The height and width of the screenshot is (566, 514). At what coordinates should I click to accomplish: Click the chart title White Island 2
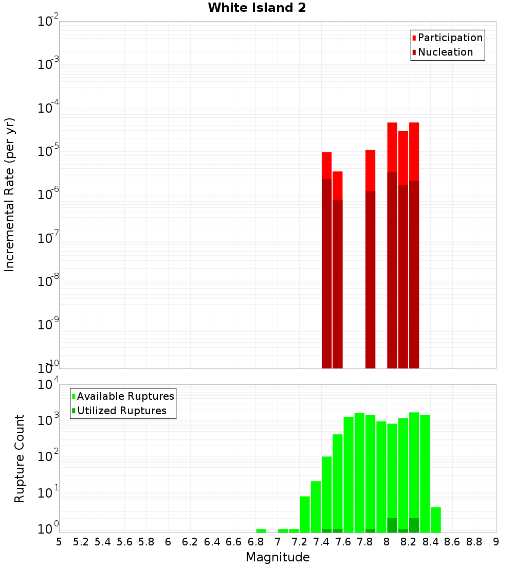click(x=257, y=8)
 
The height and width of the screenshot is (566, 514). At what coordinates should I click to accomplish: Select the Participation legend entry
click(x=450, y=38)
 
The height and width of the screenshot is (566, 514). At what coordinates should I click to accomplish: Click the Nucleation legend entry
click(x=445, y=52)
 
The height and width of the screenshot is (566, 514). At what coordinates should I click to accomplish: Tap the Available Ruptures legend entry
click(x=125, y=397)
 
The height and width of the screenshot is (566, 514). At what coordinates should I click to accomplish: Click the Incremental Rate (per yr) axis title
click(x=10, y=194)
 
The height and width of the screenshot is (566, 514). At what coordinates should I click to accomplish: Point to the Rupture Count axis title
click(x=20, y=458)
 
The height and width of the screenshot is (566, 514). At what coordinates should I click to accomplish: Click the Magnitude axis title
click(x=278, y=557)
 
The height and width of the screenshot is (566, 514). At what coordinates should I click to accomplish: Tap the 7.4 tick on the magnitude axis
click(x=321, y=542)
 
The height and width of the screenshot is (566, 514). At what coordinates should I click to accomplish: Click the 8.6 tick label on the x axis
click(x=452, y=542)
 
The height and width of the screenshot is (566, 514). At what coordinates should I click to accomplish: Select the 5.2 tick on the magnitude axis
click(x=81, y=542)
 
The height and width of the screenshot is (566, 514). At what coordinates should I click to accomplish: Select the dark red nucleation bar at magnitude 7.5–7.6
click(x=337, y=283)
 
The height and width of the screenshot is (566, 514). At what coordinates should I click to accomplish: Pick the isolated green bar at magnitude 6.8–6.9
click(x=261, y=530)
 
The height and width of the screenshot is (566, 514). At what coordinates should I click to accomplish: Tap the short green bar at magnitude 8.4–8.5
click(x=436, y=520)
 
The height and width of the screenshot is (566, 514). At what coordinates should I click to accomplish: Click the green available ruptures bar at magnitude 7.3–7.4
click(x=316, y=507)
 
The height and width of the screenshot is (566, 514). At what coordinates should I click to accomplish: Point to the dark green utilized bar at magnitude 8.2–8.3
click(x=414, y=525)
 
